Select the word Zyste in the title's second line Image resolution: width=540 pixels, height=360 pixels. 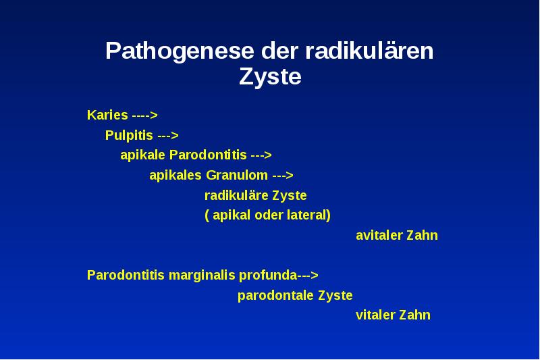coord(270,77)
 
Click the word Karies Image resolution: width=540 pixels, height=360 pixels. coord(107,115)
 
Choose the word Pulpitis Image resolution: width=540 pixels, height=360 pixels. coord(129,135)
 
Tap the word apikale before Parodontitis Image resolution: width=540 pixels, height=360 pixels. coord(138,155)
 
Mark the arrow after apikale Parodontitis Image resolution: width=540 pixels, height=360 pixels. coord(261,155)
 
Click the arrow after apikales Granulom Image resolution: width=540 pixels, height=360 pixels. coord(283,176)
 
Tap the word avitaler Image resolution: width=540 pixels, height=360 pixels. coord(379,236)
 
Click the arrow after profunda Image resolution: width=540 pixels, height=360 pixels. coord(308,276)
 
